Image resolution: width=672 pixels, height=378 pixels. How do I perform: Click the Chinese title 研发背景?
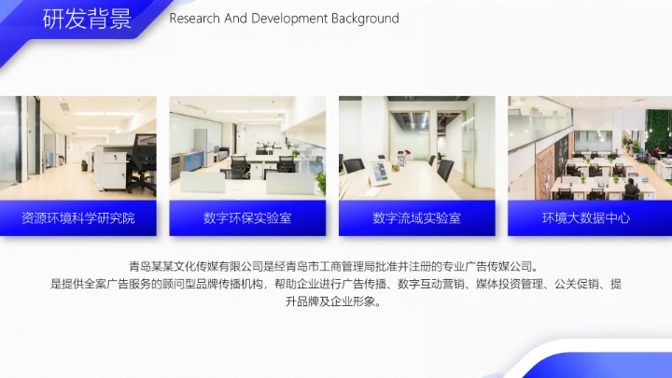tap(87, 20)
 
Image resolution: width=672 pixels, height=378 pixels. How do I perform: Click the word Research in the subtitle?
tap(194, 19)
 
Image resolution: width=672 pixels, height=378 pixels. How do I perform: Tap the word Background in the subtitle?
tap(363, 19)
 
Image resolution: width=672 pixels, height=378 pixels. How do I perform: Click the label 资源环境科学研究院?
tap(77, 218)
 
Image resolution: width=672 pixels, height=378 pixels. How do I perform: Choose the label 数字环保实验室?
tap(247, 218)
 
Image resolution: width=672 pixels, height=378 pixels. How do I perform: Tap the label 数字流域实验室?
tap(416, 218)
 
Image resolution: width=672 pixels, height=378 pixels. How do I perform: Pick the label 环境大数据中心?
tap(586, 218)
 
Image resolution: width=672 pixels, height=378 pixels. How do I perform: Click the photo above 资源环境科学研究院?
tap(77, 147)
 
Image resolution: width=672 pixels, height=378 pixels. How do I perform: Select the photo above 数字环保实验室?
tap(247, 147)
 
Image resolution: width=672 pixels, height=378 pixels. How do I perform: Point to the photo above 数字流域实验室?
tap(416, 147)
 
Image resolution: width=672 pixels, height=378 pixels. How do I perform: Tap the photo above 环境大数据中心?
tap(586, 147)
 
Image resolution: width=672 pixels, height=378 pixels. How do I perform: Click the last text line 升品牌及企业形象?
tap(336, 302)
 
